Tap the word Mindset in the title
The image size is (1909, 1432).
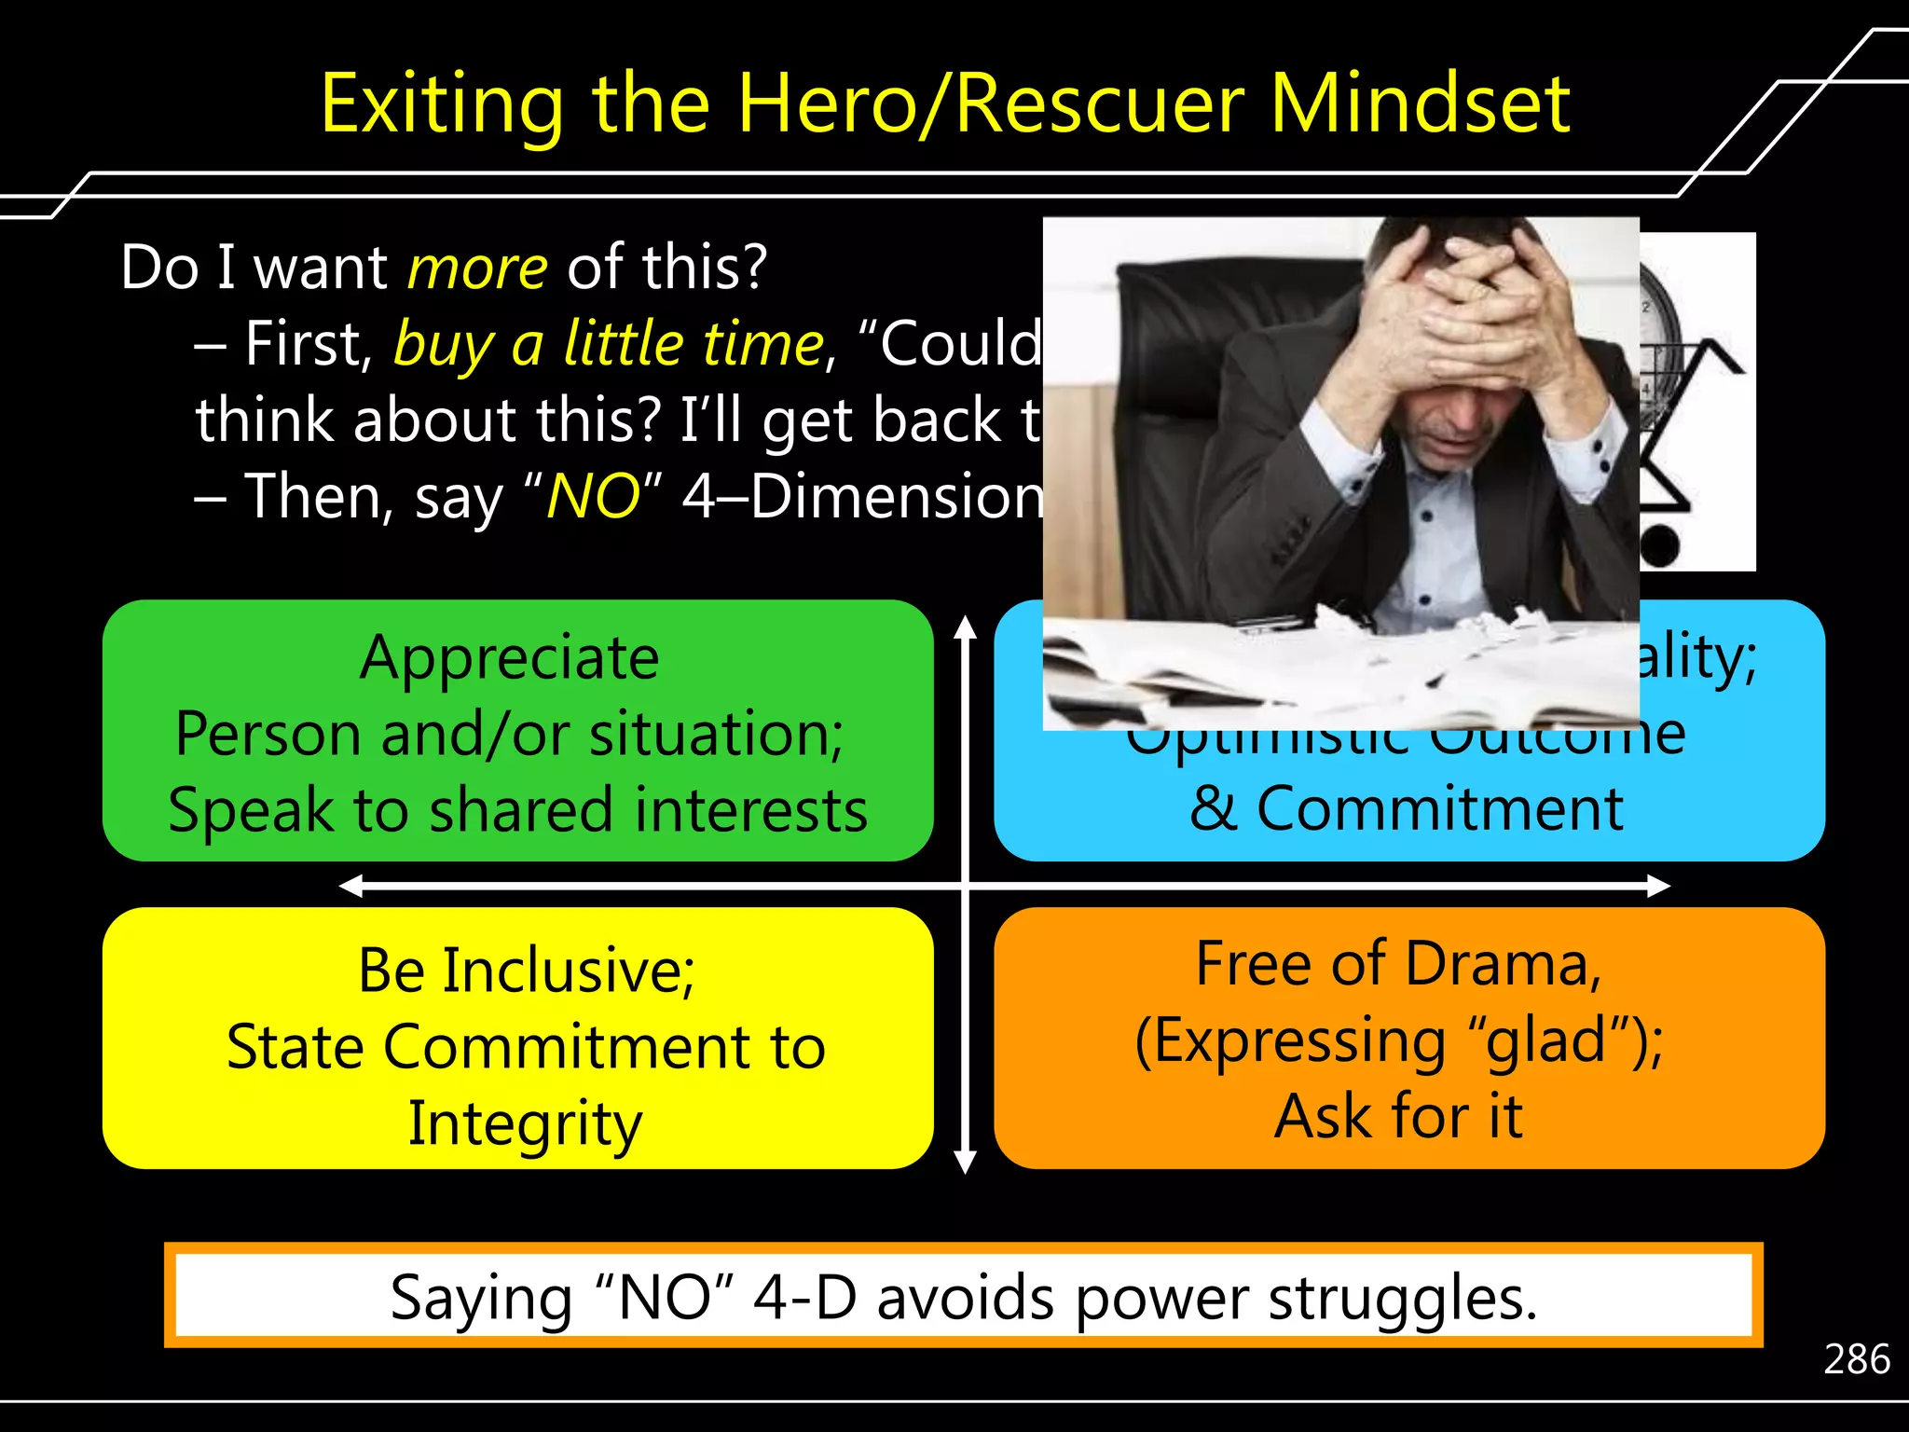[1421, 104]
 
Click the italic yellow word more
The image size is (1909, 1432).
[477, 268]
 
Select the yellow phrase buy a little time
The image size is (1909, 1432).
[609, 344]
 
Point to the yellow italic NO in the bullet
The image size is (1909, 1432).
[593, 496]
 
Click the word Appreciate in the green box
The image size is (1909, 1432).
[510, 658]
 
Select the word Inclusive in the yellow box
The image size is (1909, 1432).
[569, 971]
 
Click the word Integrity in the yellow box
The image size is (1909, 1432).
[525, 1123]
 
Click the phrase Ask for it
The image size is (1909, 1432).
[1398, 1116]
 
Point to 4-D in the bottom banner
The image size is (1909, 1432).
[804, 1298]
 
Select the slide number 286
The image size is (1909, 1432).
[1856, 1359]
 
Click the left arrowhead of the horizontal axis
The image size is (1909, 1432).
[350, 886]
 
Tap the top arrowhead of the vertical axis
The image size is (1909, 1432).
[966, 626]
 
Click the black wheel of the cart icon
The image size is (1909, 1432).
[1658, 545]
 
